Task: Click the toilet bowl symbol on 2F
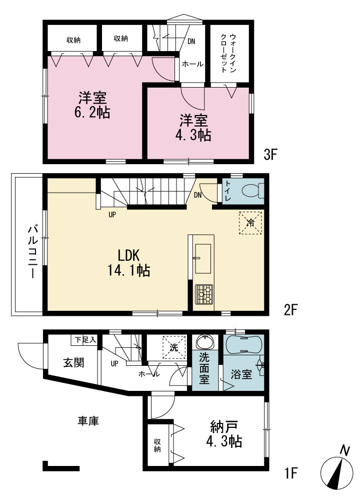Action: pyautogui.click(x=253, y=191)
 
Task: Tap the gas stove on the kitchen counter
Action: pyautogui.click(x=204, y=294)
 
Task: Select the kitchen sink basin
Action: pyautogui.click(x=203, y=259)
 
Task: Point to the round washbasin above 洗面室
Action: pyautogui.click(x=205, y=342)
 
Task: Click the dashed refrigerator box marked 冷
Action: pyautogui.click(x=250, y=223)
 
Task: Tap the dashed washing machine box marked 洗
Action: pyautogui.click(x=174, y=347)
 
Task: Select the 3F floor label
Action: pyautogui.click(x=271, y=155)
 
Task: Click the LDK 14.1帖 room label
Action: pyautogui.click(x=128, y=263)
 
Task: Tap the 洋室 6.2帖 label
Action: pyautogui.click(x=92, y=105)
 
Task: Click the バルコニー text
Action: pyautogui.click(x=32, y=252)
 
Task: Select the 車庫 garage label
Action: pyautogui.click(x=88, y=420)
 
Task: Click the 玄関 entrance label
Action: pyautogui.click(x=73, y=362)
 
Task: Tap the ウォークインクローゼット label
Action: pyautogui.click(x=228, y=53)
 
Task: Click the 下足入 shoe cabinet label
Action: pyautogui.click(x=85, y=340)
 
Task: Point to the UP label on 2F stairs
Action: pyautogui.click(x=112, y=215)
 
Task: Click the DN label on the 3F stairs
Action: pyautogui.click(x=191, y=41)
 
